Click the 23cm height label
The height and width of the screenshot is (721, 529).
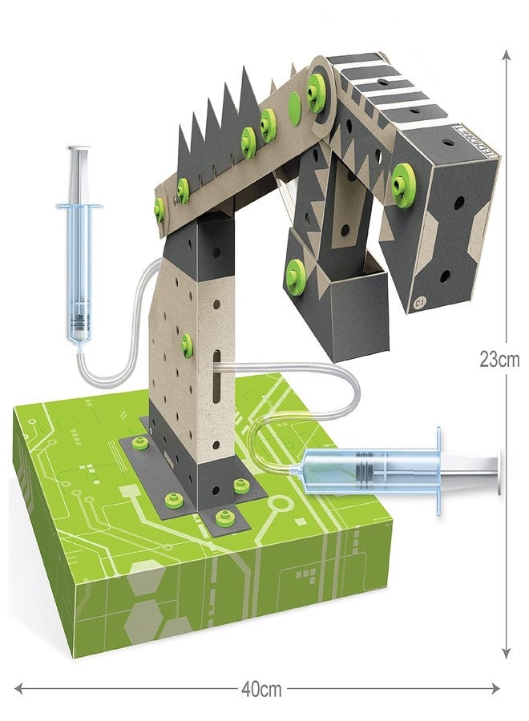[499, 360]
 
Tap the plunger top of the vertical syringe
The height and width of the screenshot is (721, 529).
[79, 149]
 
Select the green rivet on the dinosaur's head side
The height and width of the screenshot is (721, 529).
[405, 173]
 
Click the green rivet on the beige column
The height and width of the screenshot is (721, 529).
[187, 345]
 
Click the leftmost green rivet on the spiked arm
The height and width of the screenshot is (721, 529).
[160, 210]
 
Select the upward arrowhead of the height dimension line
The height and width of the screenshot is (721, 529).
[506, 54]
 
